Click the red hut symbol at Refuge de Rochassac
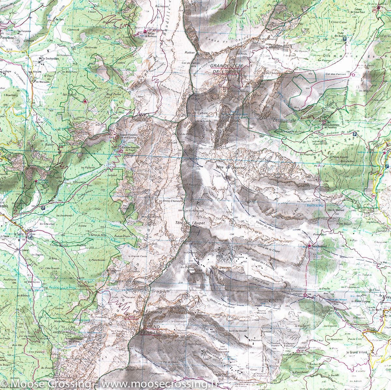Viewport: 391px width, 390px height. (x=145, y=32)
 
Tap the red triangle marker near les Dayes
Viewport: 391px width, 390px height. (x=85, y=101)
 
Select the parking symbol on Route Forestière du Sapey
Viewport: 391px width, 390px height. (x=355, y=134)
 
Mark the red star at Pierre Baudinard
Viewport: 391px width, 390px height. (x=309, y=246)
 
